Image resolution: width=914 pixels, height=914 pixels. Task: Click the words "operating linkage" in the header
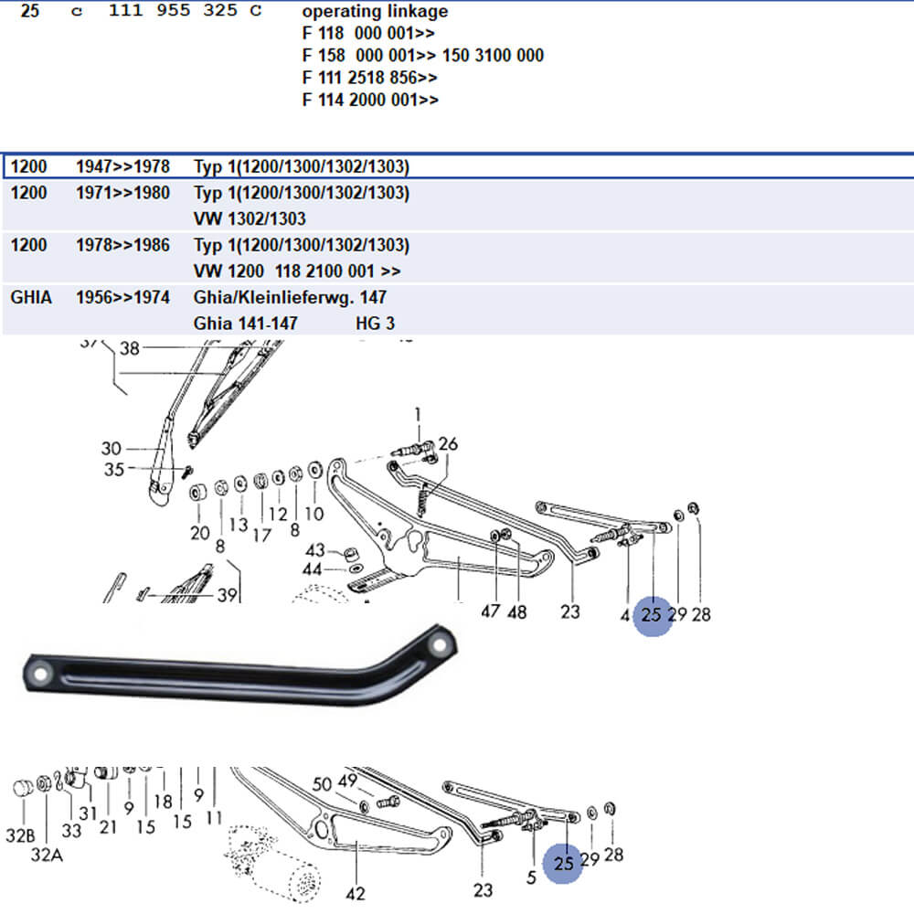pos(375,12)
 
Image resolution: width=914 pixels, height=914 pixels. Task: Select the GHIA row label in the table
pos(30,297)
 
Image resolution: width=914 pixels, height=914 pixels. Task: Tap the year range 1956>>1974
pos(122,297)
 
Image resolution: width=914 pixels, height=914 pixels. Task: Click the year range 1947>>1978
pos(122,167)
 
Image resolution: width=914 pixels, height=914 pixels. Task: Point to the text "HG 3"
pos(375,324)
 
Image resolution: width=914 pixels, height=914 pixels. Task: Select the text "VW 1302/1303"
pos(250,219)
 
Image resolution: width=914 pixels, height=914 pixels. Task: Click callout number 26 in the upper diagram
pos(448,445)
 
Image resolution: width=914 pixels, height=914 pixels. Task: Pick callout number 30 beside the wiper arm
pos(111,449)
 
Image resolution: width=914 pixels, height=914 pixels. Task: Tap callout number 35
pos(113,471)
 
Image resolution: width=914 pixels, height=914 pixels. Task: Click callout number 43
pos(314,550)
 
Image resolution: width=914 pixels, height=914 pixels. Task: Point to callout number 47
pos(491,611)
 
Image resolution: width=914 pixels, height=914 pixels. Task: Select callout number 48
pos(516,611)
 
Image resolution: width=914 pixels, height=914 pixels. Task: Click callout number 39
pos(227,595)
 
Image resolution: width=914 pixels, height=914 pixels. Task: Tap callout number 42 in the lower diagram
pos(356,894)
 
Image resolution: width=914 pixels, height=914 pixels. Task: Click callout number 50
pos(322,784)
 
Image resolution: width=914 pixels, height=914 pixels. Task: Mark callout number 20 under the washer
pos(200,533)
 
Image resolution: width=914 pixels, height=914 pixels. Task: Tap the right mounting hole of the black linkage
pos(442,645)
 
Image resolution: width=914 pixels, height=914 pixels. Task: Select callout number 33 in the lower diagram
pos(71,830)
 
